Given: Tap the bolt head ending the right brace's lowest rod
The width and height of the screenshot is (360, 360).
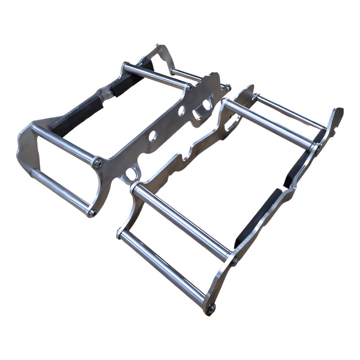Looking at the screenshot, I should pyautogui.click(x=212, y=307).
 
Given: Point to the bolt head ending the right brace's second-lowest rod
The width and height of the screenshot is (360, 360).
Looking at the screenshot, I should pyautogui.click(x=234, y=261).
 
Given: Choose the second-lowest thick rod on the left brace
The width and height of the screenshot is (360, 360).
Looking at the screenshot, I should pyautogui.click(x=63, y=144).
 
